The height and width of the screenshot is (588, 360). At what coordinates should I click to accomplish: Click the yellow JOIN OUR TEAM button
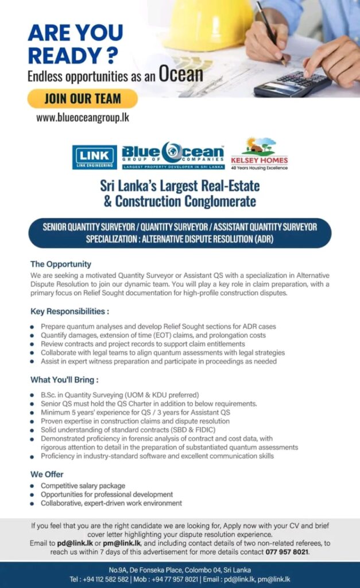pos(82,98)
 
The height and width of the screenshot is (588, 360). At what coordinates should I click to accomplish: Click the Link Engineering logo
pos(95,157)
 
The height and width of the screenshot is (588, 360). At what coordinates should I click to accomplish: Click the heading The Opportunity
pos(60,264)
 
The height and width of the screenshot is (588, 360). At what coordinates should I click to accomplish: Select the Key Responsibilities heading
pos(69,311)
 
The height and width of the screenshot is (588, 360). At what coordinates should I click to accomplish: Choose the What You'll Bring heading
pos(64,380)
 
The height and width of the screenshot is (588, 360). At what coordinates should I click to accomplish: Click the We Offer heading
pos(47,474)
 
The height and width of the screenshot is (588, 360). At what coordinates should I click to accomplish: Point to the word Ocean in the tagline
pos(181,75)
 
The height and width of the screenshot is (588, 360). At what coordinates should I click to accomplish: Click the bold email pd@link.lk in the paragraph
pos(72,543)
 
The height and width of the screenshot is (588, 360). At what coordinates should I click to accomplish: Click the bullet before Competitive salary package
pos(33,486)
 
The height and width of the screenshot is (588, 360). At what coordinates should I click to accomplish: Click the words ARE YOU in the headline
pos(75,33)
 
